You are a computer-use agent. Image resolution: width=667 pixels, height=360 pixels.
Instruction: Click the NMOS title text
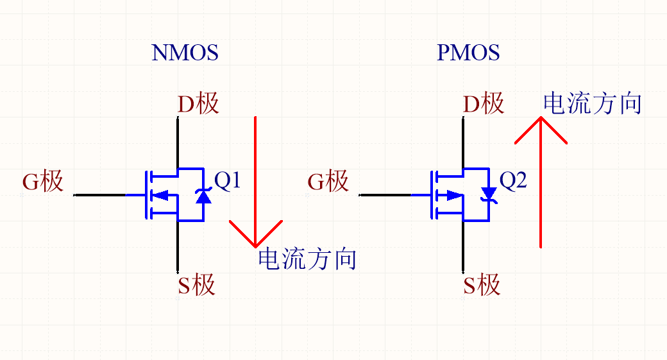point(185,53)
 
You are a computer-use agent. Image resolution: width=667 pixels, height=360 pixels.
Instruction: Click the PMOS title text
point(468,53)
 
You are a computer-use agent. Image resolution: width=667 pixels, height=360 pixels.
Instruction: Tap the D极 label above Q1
point(198,103)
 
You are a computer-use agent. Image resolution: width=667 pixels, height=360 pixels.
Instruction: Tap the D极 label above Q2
point(483,103)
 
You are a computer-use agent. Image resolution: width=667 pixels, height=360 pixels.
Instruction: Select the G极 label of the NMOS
point(43,182)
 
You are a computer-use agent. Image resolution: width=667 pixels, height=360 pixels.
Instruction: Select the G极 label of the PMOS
point(328,182)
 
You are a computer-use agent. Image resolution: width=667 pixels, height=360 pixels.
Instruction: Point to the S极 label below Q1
point(196,284)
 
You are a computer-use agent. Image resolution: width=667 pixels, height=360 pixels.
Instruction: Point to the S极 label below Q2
point(481,284)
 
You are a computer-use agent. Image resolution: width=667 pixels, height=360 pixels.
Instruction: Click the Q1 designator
point(228,182)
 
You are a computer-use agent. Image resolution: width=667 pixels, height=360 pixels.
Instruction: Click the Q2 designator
point(513,182)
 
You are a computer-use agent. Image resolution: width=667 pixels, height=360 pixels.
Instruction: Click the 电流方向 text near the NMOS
point(307,259)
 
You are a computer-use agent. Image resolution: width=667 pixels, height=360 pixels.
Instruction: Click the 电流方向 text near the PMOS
point(592,103)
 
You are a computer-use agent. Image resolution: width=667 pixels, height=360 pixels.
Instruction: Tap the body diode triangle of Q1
point(203,196)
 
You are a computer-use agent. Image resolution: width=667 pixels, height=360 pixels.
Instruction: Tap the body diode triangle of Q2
point(489,193)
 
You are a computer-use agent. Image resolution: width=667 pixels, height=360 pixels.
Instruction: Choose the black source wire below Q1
point(178,247)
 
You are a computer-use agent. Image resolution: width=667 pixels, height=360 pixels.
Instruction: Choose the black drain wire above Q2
point(462,141)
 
